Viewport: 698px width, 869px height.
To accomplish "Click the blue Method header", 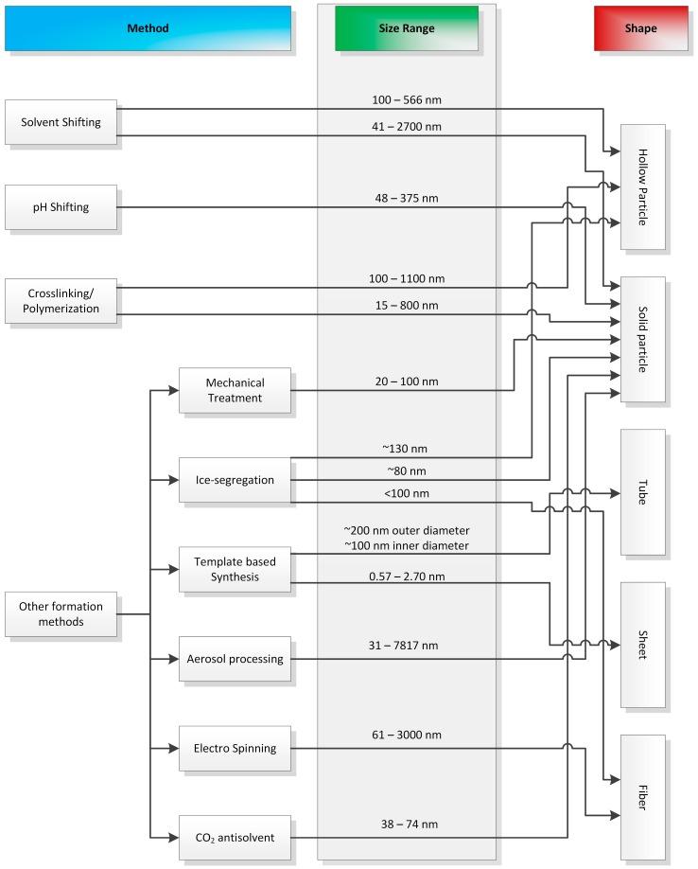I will [x=148, y=28].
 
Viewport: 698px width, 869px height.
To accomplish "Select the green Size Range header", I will [x=407, y=28].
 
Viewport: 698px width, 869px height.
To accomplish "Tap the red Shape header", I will [x=639, y=28].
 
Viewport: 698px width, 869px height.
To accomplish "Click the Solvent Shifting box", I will [x=61, y=123].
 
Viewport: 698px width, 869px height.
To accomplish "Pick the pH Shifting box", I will [x=61, y=207].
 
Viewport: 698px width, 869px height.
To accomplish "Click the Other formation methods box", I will [x=61, y=614].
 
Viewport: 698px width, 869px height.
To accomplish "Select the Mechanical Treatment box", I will [x=235, y=390].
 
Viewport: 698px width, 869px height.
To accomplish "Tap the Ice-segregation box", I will [x=235, y=480].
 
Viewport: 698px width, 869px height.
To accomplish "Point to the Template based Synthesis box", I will [x=235, y=570].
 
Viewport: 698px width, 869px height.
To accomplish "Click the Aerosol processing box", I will [x=235, y=659].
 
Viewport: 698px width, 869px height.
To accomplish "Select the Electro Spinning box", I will [x=235, y=748].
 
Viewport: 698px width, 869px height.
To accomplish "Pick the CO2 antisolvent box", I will [x=235, y=837].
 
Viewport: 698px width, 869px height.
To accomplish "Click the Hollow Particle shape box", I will [x=644, y=186].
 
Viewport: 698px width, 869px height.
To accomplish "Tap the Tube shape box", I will [x=644, y=492].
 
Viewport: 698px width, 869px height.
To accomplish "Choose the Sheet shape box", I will [x=644, y=645].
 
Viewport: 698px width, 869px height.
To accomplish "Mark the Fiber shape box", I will [x=644, y=783].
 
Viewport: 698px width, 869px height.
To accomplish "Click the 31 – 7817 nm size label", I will [x=407, y=646].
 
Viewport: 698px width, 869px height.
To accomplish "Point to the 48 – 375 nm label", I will [x=407, y=198].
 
